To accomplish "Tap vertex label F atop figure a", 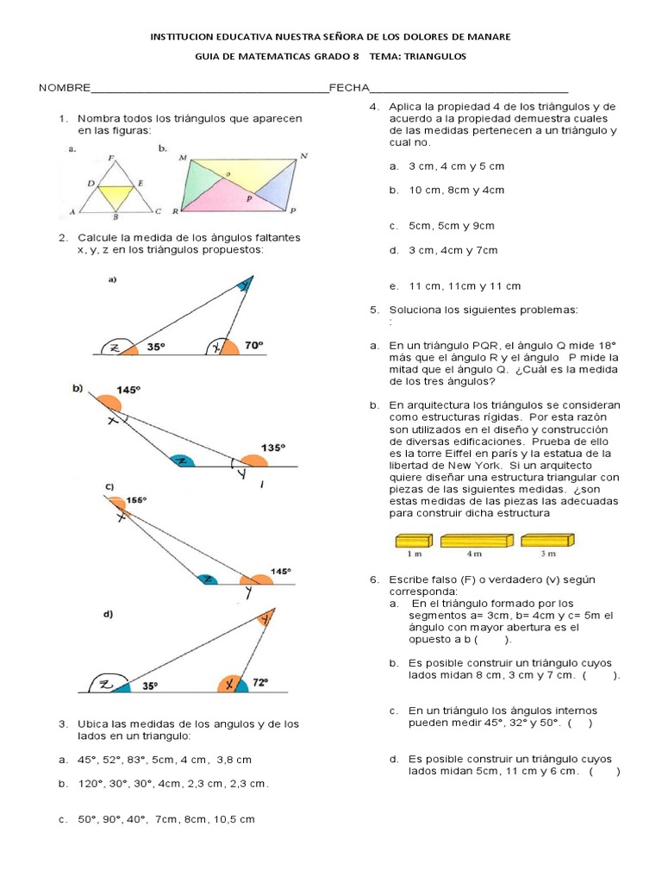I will [x=112, y=158].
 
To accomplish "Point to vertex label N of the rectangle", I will [x=303, y=156].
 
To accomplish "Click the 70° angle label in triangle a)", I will [x=253, y=345].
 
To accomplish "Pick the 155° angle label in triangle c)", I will [x=136, y=499].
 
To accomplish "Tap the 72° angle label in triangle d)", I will [x=260, y=681].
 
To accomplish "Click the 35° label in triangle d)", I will [x=151, y=686].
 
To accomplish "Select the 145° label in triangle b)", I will [x=128, y=390].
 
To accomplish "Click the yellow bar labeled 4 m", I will [x=477, y=541].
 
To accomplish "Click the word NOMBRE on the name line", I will [x=64, y=88].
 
